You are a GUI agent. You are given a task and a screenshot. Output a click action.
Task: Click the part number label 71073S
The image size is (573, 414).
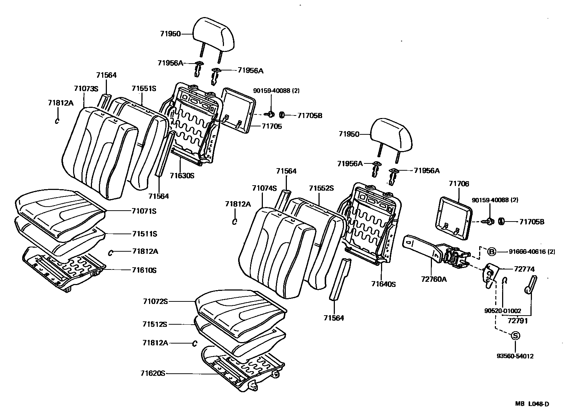pos(86,89)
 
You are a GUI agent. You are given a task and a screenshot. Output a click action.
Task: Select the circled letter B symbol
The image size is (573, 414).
pos(491,251)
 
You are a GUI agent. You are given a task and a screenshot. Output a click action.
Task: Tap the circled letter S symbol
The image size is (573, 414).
pos(515,336)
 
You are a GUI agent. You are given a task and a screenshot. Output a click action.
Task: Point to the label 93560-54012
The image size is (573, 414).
pos(515,356)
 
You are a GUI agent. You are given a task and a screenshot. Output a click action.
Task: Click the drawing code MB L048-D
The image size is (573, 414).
pos(532,404)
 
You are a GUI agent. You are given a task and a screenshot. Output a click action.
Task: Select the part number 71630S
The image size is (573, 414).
pos(182,175)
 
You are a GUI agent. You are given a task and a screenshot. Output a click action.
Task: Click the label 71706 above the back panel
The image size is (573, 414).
pos(459,184)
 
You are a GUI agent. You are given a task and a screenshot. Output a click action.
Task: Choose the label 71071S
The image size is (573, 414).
pos(144,211)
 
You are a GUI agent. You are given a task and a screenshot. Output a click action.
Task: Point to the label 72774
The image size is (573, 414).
pos(524,269)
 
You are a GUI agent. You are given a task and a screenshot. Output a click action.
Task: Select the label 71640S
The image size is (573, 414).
pos(383,284)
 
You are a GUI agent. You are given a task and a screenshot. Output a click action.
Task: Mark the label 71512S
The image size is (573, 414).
pos(155,324)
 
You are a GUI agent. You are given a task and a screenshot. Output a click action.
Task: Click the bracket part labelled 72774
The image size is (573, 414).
pos(489,275)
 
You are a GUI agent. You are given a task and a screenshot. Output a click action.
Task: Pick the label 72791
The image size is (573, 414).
pos(517,321)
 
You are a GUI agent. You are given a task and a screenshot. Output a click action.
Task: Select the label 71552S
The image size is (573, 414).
pos(321,188)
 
